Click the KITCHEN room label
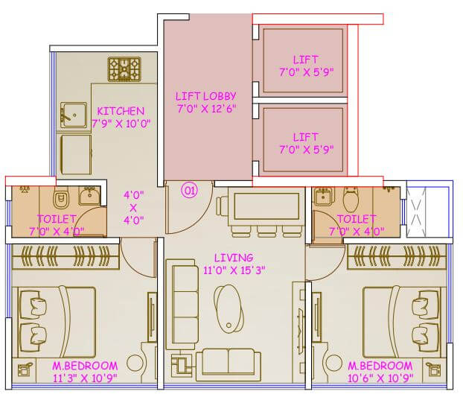(x=121, y=111)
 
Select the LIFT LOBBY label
(x=205, y=96)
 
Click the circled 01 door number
(x=190, y=190)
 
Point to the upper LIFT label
(x=305, y=59)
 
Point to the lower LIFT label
(x=305, y=137)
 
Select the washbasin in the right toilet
(x=325, y=197)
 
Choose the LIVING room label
(x=232, y=258)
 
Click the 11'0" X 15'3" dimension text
(x=232, y=270)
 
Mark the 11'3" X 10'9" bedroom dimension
(x=85, y=378)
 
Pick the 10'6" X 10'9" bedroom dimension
(x=380, y=378)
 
